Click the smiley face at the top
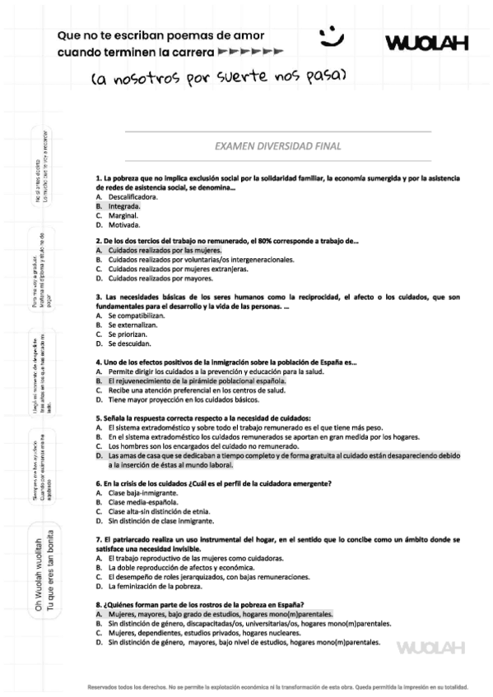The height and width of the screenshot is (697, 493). pyautogui.click(x=332, y=35)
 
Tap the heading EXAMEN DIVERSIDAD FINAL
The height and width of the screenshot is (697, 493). pyautogui.click(x=277, y=146)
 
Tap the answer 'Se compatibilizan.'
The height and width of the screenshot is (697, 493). pyautogui.click(x=130, y=316)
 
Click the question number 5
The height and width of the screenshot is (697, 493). pyautogui.click(x=98, y=418)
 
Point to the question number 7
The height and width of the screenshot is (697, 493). pyautogui.click(x=98, y=538)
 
